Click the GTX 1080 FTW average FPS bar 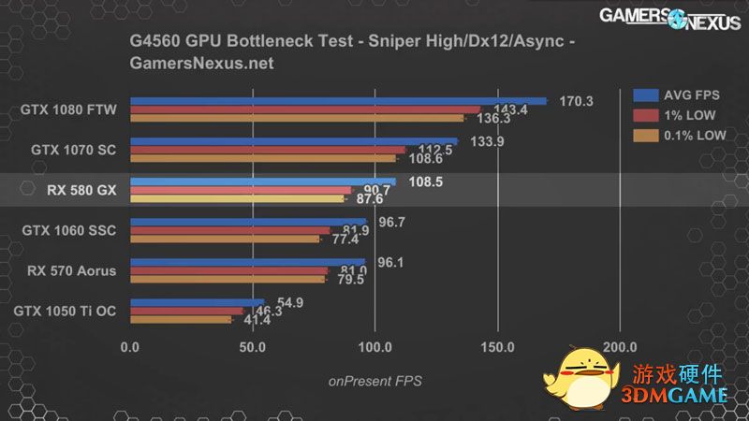337,100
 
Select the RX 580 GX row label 81,190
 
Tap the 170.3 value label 576,101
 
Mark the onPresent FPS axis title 374,381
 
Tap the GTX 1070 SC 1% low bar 268,150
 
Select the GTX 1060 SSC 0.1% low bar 225,239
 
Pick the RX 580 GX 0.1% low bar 237,198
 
